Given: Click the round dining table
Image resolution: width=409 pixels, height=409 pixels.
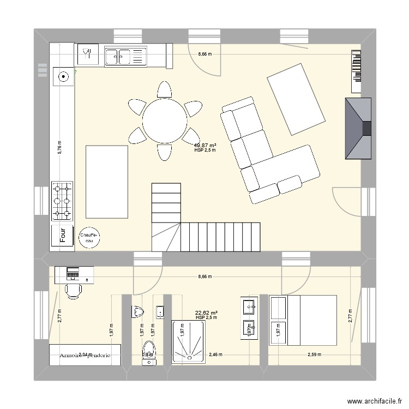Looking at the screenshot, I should coord(164,121).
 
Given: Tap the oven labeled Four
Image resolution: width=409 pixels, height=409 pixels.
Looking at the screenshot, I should coord(63,235).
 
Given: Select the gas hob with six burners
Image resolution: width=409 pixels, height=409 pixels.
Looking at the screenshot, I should coord(62,201).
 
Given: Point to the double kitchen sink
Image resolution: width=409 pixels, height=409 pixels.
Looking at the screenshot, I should coord(125,55).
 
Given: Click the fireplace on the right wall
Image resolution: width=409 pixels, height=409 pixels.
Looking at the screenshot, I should coord(358,129).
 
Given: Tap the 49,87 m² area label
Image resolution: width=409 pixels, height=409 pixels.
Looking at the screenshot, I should coord(205,145).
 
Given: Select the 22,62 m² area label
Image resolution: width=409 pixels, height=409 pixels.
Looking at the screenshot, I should coord(206,313).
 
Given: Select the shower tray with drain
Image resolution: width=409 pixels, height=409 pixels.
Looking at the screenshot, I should coord(189,342).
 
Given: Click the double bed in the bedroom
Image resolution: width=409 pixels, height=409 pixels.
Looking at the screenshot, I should coord(303,320).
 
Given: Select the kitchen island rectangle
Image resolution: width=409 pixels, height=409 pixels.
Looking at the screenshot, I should coord(107,181).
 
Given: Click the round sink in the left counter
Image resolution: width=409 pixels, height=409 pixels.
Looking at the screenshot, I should coord(64,77).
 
